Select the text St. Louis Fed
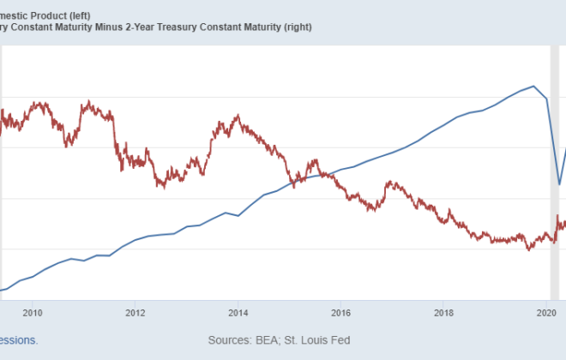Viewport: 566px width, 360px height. click(x=319, y=340)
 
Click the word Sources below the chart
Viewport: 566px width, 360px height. click(x=230, y=340)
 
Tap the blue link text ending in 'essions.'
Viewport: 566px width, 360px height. click(x=19, y=340)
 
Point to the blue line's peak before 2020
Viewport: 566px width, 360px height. click(x=534, y=86)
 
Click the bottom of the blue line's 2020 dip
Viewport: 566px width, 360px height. click(x=559, y=184)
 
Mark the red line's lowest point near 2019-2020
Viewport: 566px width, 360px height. click(x=529, y=249)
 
